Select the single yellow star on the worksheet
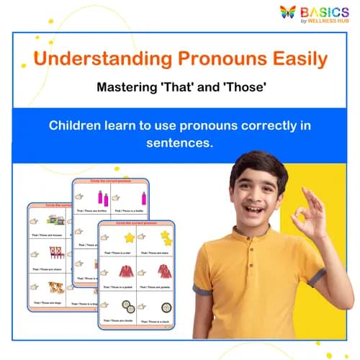pos(130,237)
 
